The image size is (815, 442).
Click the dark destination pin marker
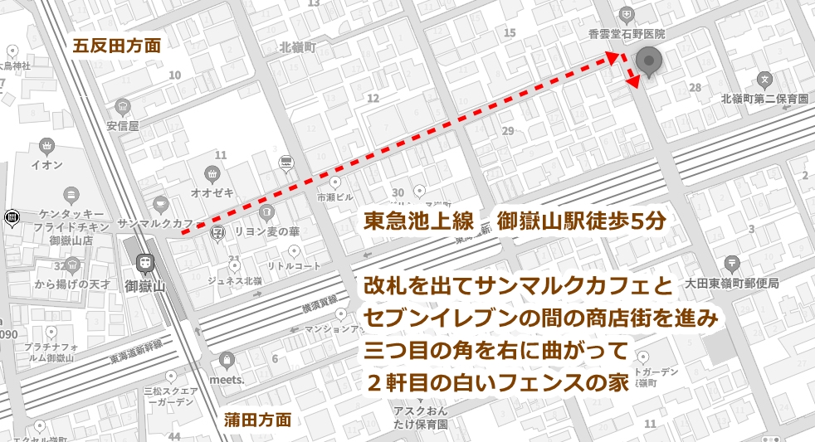(648, 62)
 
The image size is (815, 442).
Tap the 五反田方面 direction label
(116, 45)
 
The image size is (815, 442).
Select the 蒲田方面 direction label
(258, 420)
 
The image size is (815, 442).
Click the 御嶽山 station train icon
(146, 261)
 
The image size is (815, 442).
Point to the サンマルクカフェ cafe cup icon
(160, 203)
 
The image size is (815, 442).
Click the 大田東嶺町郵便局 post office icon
(733, 263)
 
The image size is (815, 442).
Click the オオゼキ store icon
(210, 174)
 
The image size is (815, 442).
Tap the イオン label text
(46, 165)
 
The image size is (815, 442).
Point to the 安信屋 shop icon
(124, 107)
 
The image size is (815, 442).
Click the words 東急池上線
(418, 222)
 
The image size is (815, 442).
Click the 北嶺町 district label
(298, 47)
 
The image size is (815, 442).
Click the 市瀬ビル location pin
(335, 182)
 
